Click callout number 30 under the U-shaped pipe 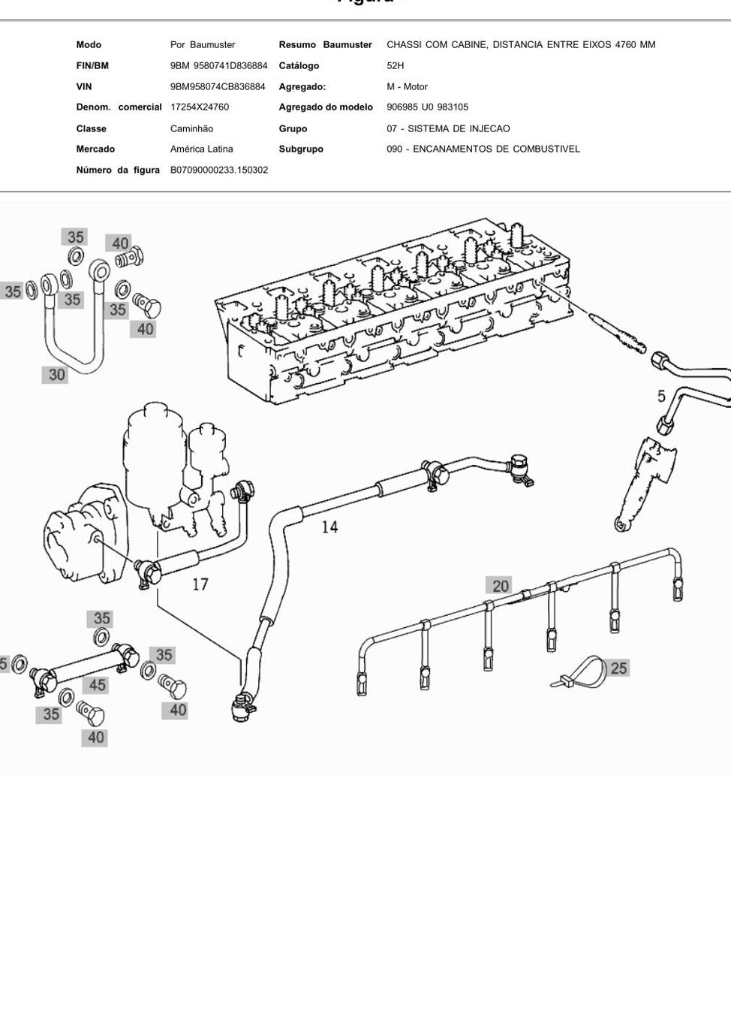(56, 374)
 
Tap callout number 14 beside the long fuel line (329, 527)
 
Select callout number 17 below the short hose (200, 584)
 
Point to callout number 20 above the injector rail (501, 586)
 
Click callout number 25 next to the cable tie (619, 668)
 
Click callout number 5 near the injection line (661, 397)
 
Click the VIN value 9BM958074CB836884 (218, 86)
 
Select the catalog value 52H (395, 65)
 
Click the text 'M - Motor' (407, 86)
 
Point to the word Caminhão (192, 128)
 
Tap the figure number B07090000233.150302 (219, 171)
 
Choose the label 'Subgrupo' (301, 149)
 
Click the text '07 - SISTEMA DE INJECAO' (448, 128)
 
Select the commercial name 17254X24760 (200, 107)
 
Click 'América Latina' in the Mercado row (201, 149)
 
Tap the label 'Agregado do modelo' (326, 107)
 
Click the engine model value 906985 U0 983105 (428, 107)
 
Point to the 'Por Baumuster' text (203, 45)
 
